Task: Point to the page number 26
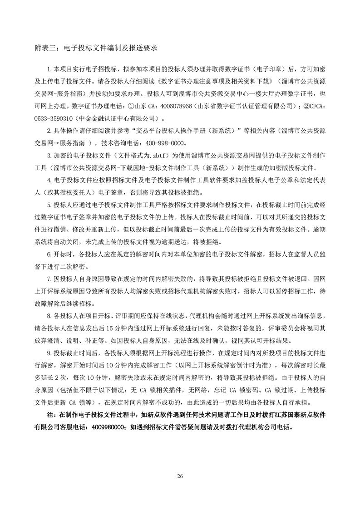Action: (180, 475)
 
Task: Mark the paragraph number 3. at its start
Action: (50, 154)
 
